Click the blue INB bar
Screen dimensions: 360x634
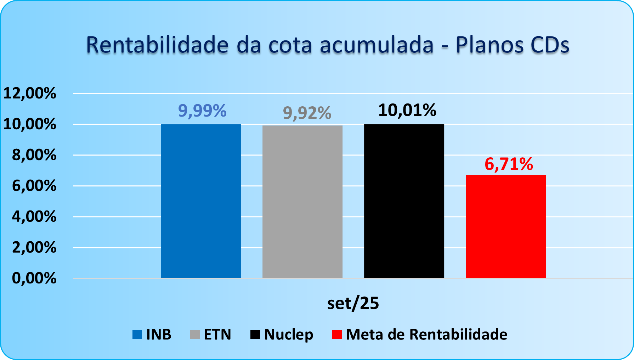pos(201,201)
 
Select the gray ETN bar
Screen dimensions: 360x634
pos(302,202)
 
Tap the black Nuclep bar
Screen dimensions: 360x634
pos(404,201)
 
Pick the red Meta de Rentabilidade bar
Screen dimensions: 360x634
pos(506,226)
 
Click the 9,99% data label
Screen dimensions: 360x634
pos(202,111)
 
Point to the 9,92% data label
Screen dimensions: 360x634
pos(307,113)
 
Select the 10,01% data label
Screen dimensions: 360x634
pos(407,110)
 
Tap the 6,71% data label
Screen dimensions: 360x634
pos(509,164)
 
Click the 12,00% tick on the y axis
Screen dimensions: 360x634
pos(30,93)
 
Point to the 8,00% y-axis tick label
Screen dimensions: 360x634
pos(34,155)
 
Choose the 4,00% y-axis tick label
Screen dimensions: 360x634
pos(34,216)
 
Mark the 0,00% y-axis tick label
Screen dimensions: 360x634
pos(34,278)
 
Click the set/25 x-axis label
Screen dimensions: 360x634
pos(353,303)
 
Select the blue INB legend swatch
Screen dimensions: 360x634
pos(137,334)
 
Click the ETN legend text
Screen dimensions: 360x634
pos(217,334)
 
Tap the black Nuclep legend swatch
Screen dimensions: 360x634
pos(255,334)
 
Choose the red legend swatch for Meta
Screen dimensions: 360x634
pos(337,334)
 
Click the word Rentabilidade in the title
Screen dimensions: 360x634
pos(157,45)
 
